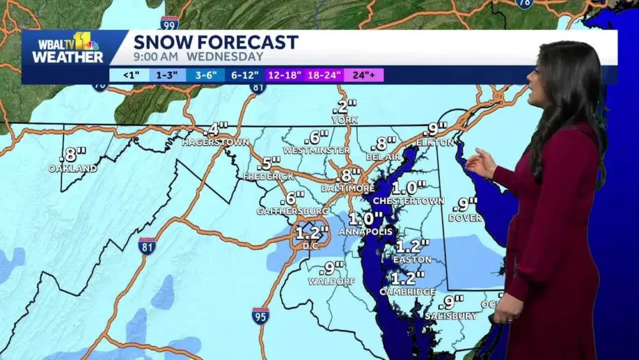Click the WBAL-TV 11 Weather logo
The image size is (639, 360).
tap(68, 49)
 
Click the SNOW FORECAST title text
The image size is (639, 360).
tap(215, 42)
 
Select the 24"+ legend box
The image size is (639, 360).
tap(364, 75)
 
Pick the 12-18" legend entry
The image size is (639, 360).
tap(284, 75)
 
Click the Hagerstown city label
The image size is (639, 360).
tap(215, 142)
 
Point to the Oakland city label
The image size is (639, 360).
tap(72, 169)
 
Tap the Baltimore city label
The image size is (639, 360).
tap(348, 189)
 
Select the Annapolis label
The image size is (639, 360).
tap(362, 231)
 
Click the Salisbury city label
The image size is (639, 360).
tap(451, 316)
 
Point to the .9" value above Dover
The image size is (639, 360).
tap(465, 205)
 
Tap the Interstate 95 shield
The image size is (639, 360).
tap(260, 315)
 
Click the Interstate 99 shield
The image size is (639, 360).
tap(169, 24)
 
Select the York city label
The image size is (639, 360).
tap(344, 120)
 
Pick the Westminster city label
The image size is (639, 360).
tap(316, 150)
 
